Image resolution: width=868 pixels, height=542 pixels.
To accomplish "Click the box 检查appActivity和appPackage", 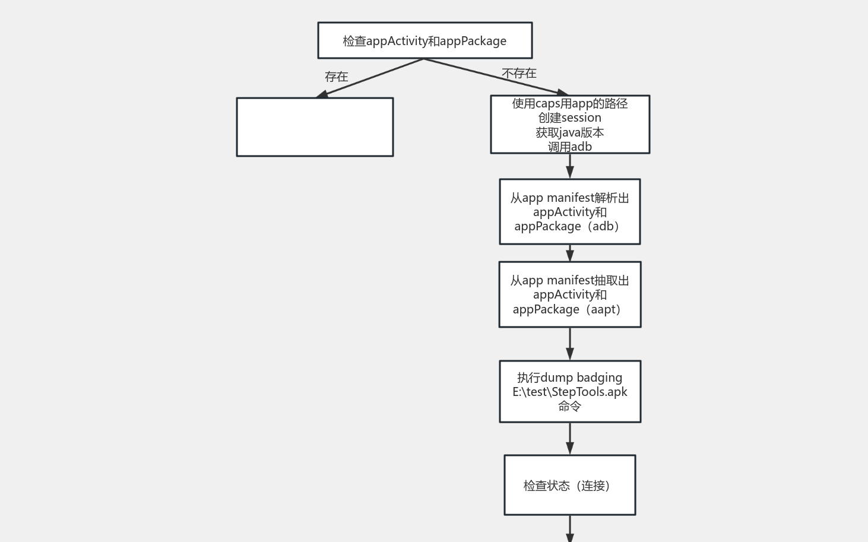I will tap(425, 40).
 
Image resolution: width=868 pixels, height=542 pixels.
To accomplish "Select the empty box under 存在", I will tap(315, 127).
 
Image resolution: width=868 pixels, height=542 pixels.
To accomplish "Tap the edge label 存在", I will tap(337, 77).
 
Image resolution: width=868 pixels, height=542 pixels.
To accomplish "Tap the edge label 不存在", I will tap(519, 73).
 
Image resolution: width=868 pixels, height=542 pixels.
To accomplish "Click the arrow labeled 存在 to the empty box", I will tap(371, 78).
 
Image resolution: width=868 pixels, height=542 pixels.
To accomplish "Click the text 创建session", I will tap(570, 118).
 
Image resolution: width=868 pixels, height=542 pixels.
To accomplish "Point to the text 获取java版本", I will tap(570, 132).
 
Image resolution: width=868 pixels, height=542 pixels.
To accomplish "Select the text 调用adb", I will tap(570, 147).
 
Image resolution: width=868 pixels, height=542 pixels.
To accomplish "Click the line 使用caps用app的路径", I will tap(570, 103).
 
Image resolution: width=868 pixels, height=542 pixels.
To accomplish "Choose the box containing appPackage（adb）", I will tap(570, 211).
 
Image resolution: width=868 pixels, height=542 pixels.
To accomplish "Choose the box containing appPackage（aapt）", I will tap(570, 294).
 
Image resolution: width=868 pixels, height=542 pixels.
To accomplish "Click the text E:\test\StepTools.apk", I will tap(570, 392).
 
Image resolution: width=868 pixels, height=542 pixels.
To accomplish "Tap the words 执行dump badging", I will tap(570, 378).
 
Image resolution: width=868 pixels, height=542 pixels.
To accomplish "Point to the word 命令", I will tap(570, 406).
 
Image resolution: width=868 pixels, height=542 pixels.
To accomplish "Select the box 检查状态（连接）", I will tap(570, 485).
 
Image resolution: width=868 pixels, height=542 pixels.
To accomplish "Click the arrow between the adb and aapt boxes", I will tap(570, 253).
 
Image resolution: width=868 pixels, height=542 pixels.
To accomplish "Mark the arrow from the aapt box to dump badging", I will tap(570, 343).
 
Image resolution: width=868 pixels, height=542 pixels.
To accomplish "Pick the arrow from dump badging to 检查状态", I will tap(570, 438).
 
